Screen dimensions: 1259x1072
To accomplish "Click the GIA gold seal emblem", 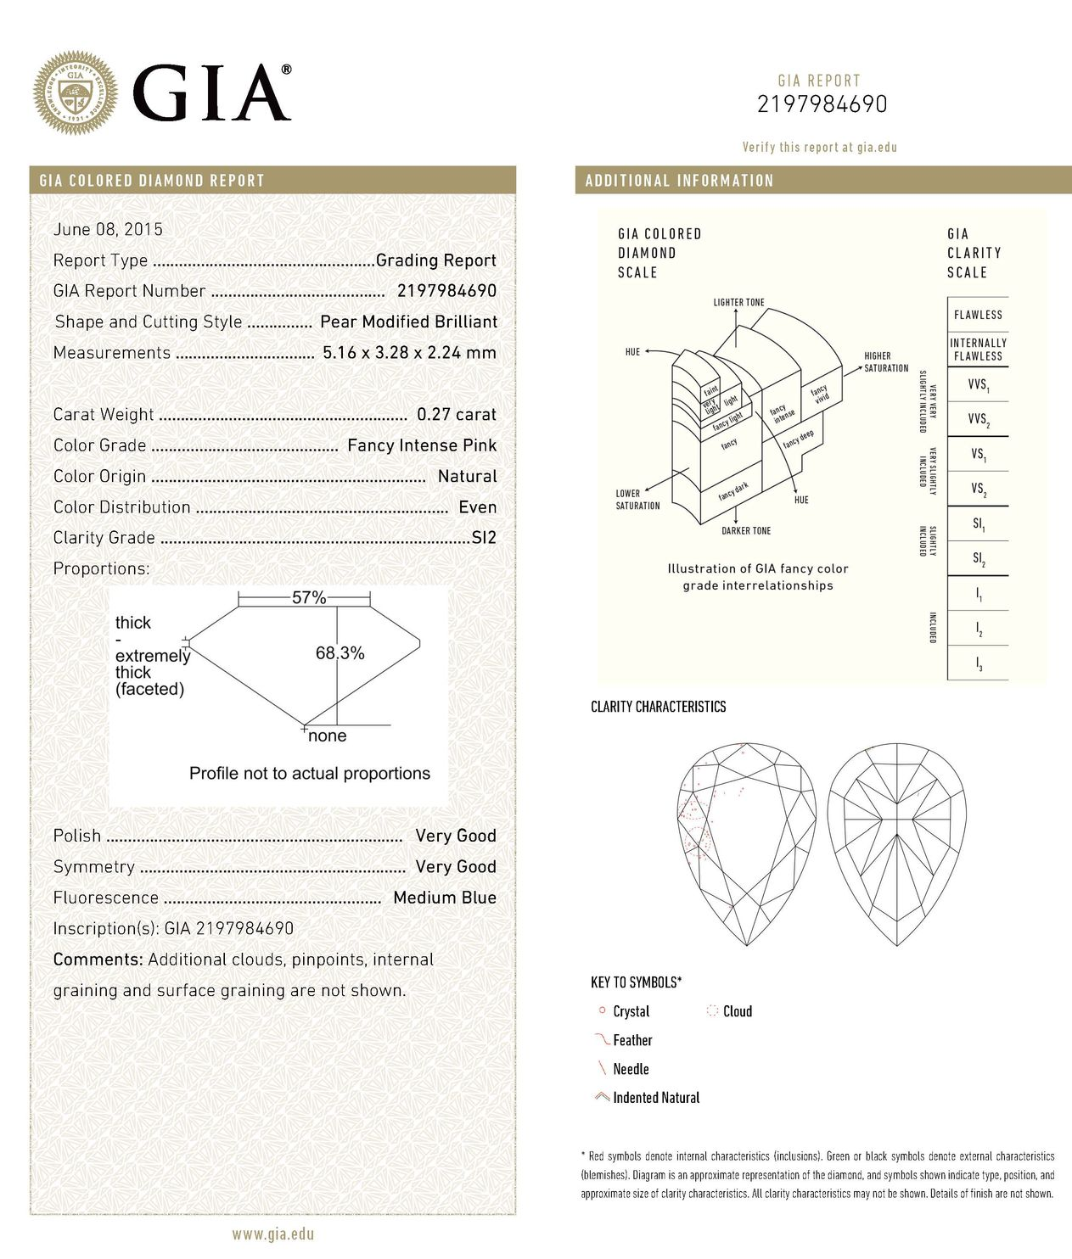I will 75,93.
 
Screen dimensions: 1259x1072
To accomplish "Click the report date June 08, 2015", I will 108,229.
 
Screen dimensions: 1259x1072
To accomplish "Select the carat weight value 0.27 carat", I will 456,415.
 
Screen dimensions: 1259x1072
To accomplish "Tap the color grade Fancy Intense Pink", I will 422,445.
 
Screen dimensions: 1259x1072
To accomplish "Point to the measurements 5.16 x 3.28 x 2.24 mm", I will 409,353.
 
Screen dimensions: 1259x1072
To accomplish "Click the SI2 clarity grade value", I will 483,538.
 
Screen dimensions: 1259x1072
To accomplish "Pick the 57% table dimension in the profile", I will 309,598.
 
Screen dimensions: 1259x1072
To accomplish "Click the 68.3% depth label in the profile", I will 340,653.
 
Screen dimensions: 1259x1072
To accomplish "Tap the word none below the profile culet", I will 327,736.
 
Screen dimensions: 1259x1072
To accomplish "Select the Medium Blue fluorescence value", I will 445,898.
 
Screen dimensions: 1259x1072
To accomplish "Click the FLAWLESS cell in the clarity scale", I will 978,315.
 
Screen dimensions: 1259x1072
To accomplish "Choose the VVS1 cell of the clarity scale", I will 978,385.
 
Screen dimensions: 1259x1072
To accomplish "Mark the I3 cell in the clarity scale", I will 978,664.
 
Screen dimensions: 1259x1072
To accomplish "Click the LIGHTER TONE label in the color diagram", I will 738,303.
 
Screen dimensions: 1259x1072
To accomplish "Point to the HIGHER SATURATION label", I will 885,362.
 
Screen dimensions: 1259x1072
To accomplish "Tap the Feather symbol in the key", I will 603,1040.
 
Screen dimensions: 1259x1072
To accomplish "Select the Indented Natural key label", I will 656,1098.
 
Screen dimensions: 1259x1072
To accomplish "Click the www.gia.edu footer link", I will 272,1234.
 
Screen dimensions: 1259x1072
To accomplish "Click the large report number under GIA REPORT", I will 822,104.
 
